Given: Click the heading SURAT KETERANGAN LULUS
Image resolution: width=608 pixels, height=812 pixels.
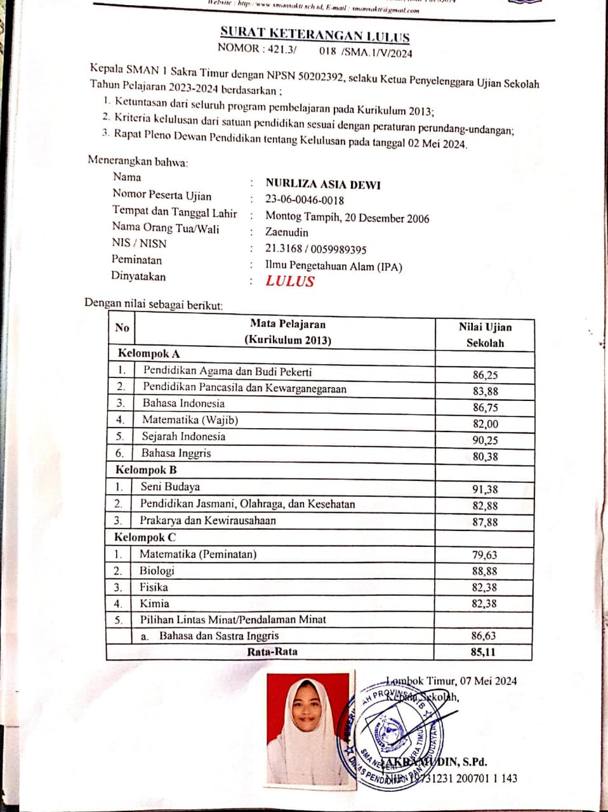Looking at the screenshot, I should [x=315, y=34].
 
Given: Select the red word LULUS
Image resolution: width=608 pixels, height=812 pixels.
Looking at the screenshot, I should [x=290, y=282].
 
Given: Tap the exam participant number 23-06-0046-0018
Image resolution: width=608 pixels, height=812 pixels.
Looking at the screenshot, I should [x=305, y=200].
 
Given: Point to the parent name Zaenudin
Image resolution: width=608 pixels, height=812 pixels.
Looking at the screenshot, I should [x=287, y=232].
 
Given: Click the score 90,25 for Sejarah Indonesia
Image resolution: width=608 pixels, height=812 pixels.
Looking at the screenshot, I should [x=485, y=440].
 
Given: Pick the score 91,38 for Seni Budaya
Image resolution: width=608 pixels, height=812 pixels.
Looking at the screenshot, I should [x=485, y=489].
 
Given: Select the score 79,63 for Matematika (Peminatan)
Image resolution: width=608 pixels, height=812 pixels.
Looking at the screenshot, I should [x=484, y=554].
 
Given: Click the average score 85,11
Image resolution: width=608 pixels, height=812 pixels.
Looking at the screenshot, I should [x=484, y=652].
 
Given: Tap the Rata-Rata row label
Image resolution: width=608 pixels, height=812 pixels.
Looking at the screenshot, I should [x=272, y=652].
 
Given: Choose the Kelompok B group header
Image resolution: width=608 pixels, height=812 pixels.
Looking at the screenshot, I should [x=146, y=470].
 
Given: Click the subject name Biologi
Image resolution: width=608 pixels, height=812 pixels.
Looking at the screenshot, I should [x=157, y=570].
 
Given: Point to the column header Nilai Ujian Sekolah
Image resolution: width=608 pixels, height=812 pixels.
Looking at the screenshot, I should [x=485, y=335].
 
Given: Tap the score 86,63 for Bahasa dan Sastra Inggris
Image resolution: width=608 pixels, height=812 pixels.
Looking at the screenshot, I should [x=484, y=636].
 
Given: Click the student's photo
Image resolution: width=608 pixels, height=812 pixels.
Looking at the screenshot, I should [x=308, y=730].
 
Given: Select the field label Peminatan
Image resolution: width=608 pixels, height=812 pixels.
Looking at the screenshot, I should [x=136, y=259].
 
